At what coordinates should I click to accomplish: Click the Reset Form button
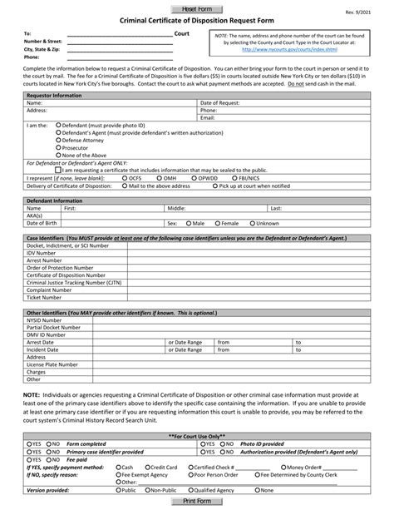196,7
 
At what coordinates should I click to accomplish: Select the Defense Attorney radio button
57,141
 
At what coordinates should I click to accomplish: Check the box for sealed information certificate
57,170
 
